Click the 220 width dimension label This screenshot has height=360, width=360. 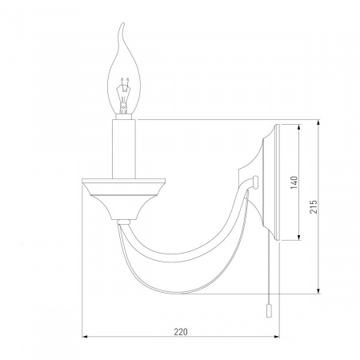point(181,332)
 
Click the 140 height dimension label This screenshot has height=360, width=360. point(294,182)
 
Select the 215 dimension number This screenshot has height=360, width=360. point(314,206)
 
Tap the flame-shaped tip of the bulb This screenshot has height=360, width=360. point(122,26)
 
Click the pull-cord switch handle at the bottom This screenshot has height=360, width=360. point(269,311)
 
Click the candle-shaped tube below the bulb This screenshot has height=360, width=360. point(124,149)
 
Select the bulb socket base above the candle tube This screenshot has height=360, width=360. point(124,117)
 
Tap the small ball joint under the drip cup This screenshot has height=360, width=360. point(124,222)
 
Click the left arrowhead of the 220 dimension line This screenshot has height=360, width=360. point(85,337)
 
